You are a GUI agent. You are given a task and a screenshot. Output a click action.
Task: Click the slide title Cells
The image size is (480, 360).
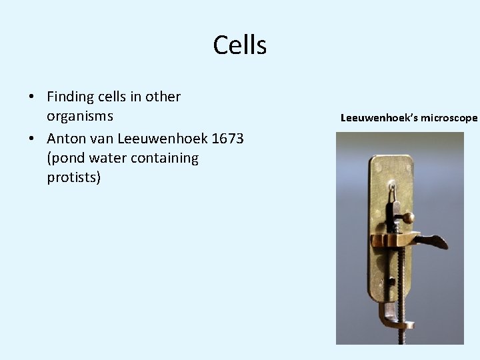coord(240,45)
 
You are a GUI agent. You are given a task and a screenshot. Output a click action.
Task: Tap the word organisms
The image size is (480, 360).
coord(80,116)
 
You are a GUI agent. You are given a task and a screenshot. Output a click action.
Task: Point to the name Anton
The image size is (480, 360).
coord(67,139)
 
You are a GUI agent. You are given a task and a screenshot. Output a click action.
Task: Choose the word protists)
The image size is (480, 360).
coord(74,177)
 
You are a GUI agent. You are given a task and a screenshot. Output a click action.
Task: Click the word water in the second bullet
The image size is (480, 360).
coord(111,158)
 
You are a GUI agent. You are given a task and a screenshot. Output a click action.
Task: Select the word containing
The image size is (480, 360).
coord(167,158)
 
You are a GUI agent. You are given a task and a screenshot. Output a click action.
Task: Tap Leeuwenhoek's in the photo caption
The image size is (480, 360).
coord(380,118)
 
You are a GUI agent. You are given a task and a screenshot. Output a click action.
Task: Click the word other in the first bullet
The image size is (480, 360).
coord(163,97)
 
